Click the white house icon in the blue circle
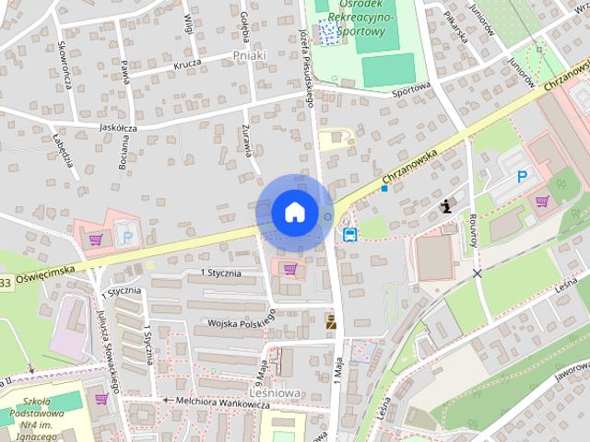[x=294, y=211]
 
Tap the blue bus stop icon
[x=350, y=234]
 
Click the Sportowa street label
[x=410, y=90]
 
